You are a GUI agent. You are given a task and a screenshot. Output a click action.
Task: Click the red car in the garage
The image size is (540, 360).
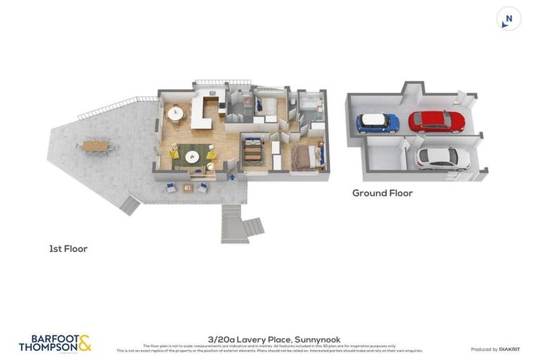437,122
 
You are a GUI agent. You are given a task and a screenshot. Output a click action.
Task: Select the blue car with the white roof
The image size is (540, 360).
378,123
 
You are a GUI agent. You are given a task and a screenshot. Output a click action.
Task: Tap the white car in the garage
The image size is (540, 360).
443,158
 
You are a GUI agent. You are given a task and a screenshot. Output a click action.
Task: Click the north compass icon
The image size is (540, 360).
508,19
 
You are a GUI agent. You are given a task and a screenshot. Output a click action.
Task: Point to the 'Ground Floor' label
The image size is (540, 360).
382,193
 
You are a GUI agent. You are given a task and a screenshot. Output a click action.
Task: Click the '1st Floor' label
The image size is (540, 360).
68,248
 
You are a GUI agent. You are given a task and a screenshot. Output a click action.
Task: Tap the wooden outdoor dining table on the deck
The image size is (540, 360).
96,146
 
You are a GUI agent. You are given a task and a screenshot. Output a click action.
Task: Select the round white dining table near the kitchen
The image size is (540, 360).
175,112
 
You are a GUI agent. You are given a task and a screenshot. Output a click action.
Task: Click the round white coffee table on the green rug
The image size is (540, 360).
192,156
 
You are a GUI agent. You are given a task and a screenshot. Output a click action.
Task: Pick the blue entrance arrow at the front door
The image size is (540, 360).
232,177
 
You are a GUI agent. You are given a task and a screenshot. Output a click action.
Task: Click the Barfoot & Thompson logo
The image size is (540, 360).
55,343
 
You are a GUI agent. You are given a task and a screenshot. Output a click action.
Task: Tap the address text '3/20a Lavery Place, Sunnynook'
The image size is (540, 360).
274,339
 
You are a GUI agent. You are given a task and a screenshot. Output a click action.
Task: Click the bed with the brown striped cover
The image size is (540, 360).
252,150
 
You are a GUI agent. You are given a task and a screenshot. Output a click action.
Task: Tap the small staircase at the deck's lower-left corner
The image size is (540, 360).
129,206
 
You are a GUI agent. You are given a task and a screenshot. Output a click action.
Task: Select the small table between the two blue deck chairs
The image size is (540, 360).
188,188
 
